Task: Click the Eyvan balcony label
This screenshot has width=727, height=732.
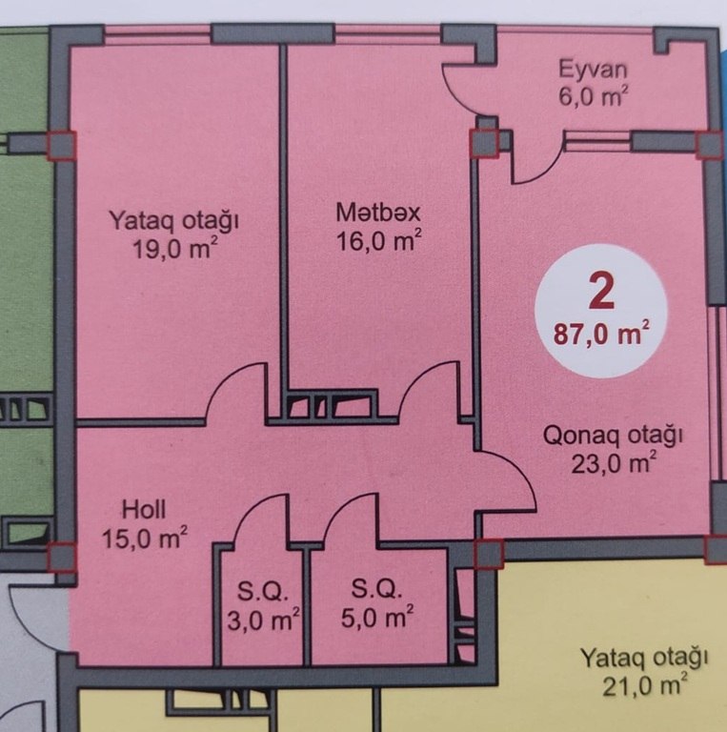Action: [x=593, y=70]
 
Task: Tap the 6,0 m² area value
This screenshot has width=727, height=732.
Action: [x=593, y=97]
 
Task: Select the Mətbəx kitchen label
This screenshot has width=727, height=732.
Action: [x=378, y=213]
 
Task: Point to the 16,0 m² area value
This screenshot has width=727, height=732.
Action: [x=379, y=241]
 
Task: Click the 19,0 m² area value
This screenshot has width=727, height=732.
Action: [x=175, y=248]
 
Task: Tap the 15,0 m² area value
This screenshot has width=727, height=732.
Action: [x=145, y=539]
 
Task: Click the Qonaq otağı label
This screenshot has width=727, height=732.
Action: [x=614, y=437]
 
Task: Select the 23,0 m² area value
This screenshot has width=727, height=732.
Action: [x=614, y=463]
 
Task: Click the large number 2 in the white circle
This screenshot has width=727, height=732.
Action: [x=601, y=292]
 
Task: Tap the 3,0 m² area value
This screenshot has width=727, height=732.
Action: [x=263, y=620]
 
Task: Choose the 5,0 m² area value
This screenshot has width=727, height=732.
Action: [x=377, y=618]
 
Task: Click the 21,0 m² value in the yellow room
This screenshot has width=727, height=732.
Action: [x=645, y=686]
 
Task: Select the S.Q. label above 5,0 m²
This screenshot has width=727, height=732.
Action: [x=376, y=589]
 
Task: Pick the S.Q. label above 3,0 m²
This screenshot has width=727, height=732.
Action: [x=263, y=592]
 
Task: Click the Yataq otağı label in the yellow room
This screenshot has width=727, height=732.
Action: [x=644, y=659]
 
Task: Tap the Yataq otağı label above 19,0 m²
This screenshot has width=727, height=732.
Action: [x=174, y=220]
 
